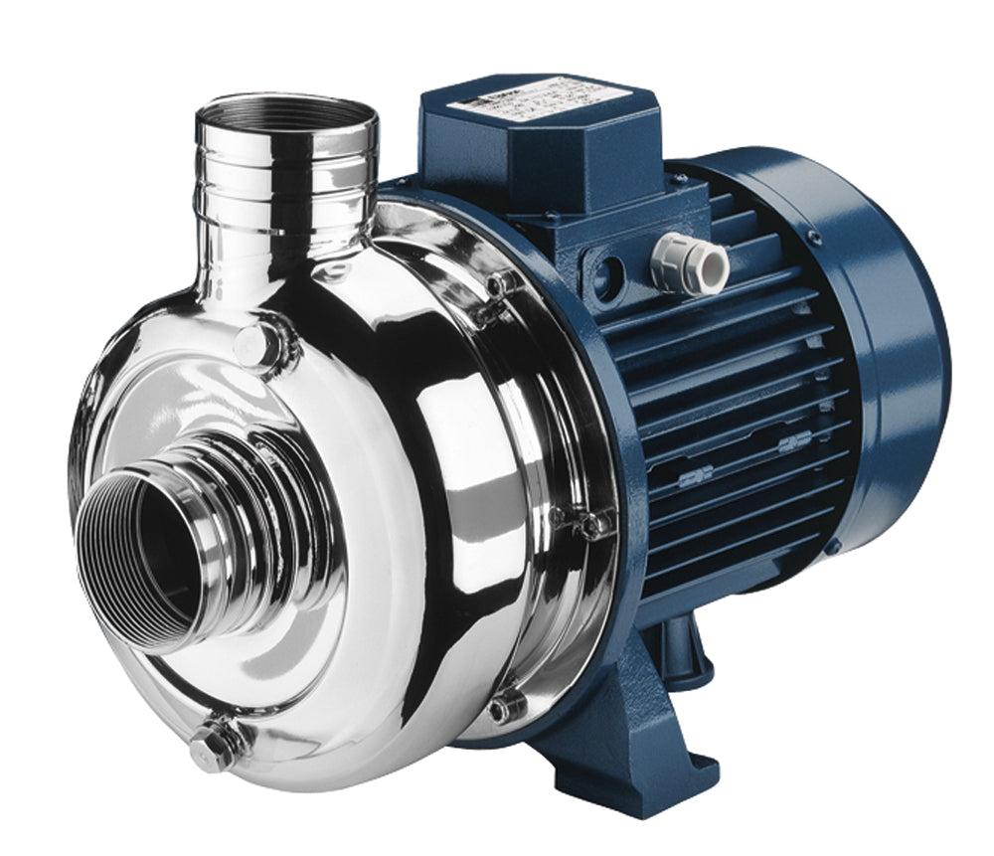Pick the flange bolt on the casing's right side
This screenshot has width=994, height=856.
pos(586,522)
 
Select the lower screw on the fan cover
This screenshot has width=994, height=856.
pos(833,546)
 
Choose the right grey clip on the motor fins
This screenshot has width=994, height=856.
pos(793,440)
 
